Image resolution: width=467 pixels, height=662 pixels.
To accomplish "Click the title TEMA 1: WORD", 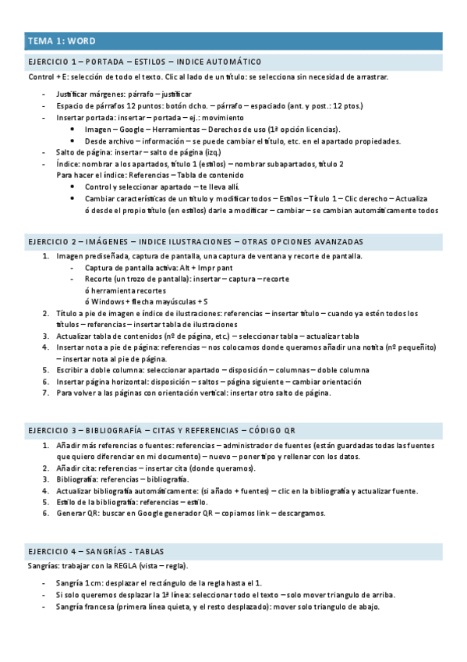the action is [62, 41].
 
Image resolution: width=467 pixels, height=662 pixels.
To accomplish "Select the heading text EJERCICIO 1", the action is [52, 62].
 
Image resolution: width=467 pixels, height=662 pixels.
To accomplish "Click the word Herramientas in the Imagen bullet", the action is [176, 129].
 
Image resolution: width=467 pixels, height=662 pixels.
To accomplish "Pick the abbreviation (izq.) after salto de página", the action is [210, 152].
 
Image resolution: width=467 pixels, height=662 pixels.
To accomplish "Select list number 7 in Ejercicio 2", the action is [45, 393].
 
